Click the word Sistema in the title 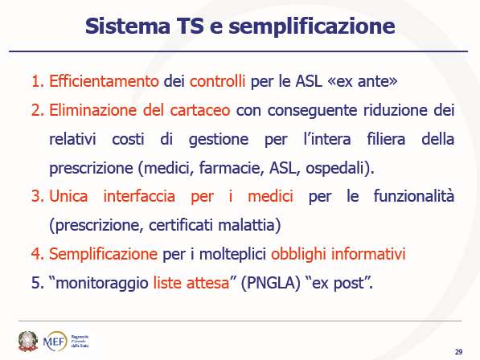pyautogui.click(x=128, y=26)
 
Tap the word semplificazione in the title pyautogui.click(x=312, y=27)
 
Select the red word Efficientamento pyautogui.click(x=104, y=81)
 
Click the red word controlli pyautogui.click(x=217, y=81)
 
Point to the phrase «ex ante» pyautogui.click(x=363, y=81)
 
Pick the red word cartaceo pyautogui.click(x=200, y=110)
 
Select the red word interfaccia pyautogui.click(x=139, y=196)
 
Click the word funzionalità pyautogui.click(x=414, y=196)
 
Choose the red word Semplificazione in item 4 pyautogui.click(x=103, y=254)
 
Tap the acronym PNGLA pyautogui.click(x=270, y=283)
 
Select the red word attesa pyautogui.click(x=208, y=283)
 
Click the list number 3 pyautogui.click(x=38, y=196)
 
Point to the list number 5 pyautogui.click(x=38, y=283)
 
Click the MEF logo pyautogui.click(x=55, y=341)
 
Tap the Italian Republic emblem pyautogui.click(x=28, y=341)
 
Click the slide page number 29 pyautogui.click(x=458, y=352)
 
